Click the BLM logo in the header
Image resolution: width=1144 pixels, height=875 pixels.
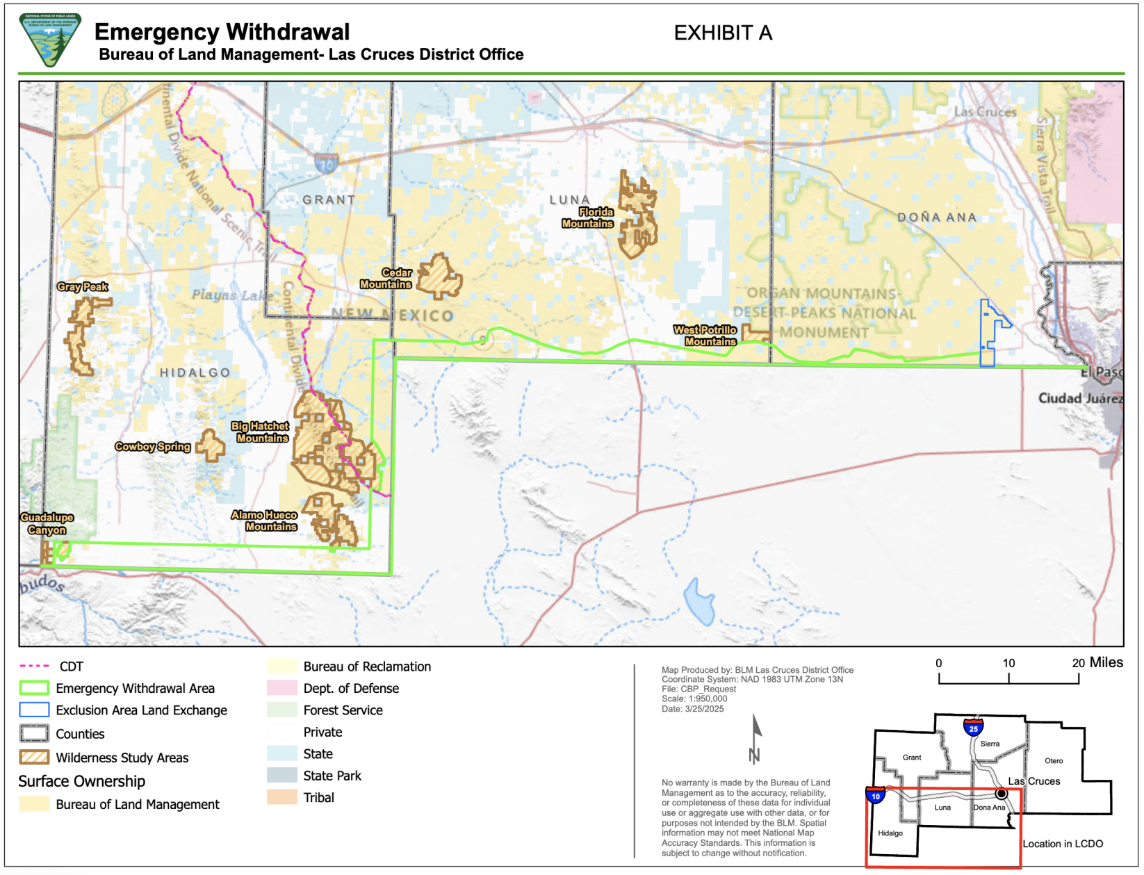(x=50, y=40)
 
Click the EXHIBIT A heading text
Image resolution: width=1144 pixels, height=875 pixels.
(x=723, y=33)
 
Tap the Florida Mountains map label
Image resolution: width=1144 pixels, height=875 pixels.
(x=588, y=218)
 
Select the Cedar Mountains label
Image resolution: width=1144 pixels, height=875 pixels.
(x=386, y=279)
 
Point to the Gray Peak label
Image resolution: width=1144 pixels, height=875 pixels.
(x=83, y=286)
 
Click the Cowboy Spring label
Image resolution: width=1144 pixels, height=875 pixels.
(x=153, y=447)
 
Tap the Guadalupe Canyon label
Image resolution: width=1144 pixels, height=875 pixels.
(x=47, y=523)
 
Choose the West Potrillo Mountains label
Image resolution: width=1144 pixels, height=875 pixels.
(x=705, y=336)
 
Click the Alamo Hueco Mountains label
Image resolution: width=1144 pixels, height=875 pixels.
(x=265, y=521)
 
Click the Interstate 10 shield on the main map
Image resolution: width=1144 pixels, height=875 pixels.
(x=327, y=164)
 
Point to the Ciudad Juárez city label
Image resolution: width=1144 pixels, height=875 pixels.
(x=1079, y=398)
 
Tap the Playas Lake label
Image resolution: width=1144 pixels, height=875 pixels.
(x=232, y=295)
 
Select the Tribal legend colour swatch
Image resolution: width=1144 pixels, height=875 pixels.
(x=281, y=797)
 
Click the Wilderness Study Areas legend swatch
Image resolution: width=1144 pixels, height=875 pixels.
(x=34, y=758)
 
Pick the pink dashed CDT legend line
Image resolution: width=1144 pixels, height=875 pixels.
(x=34, y=667)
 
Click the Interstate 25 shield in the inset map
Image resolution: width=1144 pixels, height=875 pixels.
(x=973, y=728)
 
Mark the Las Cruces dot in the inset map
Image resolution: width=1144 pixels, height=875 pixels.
(x=1001, y=793)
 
